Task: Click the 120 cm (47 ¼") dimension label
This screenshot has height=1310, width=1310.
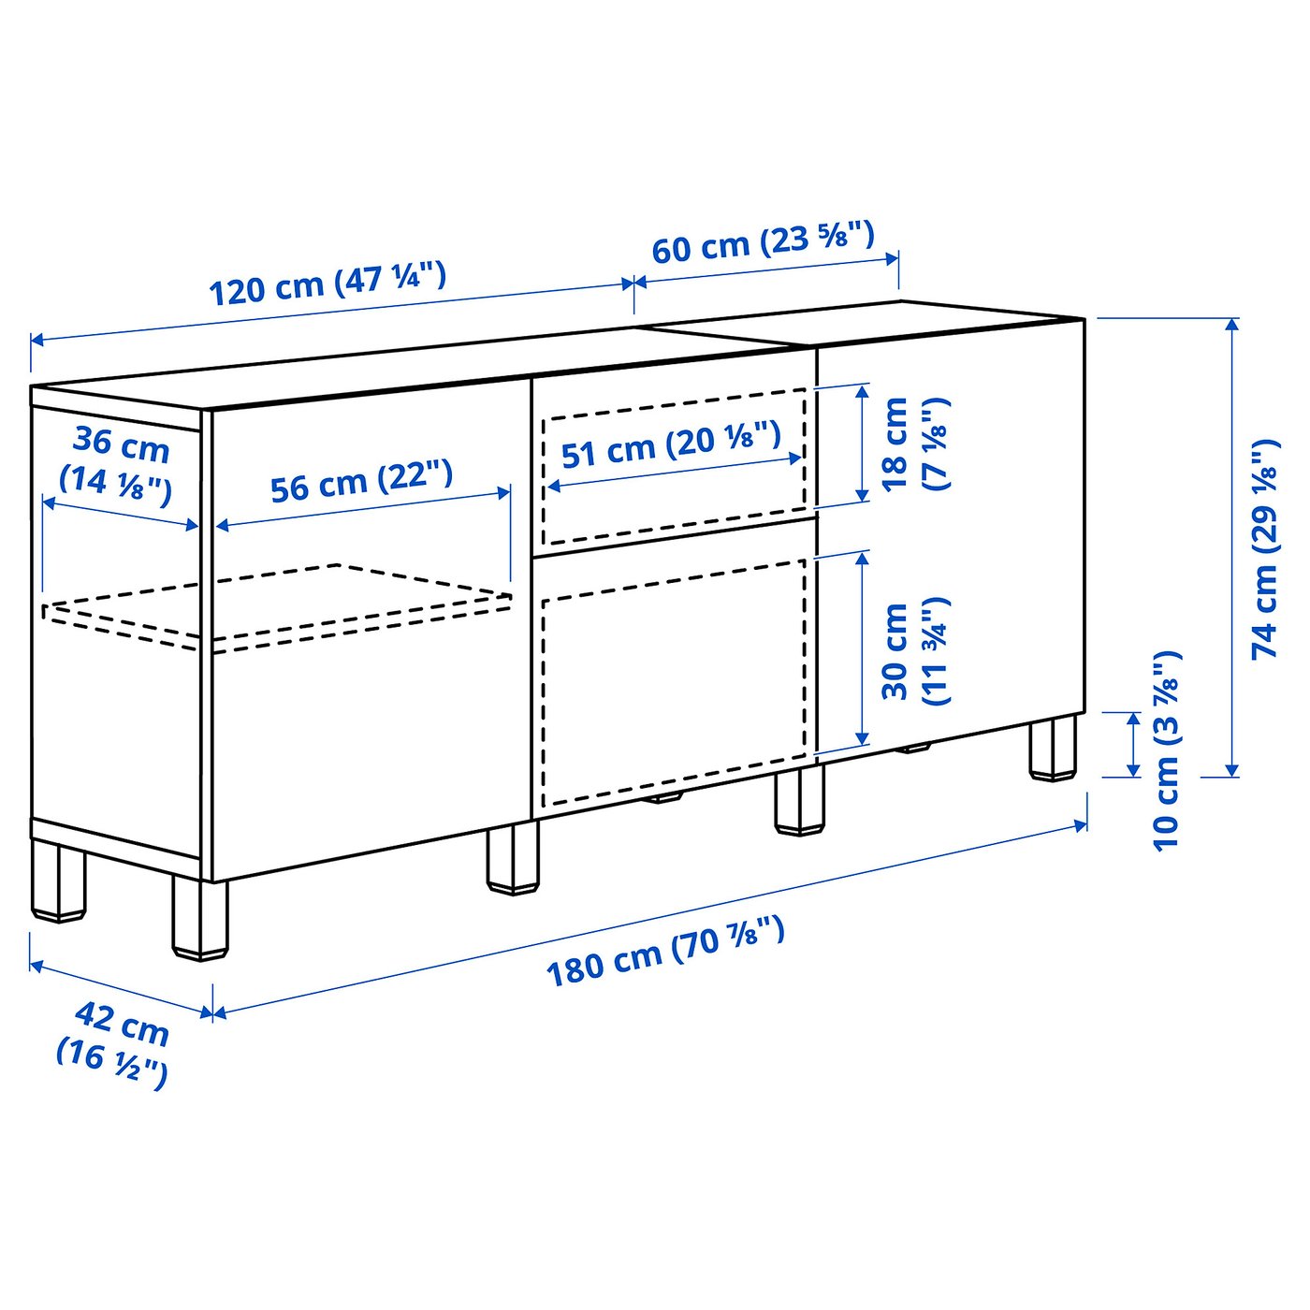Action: (327, 284)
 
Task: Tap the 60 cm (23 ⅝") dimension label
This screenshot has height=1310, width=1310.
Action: (763, 241)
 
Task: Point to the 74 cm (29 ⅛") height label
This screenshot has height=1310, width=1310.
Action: (1265, 548)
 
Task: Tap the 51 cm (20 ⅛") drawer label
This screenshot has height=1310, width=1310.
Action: (670, 445)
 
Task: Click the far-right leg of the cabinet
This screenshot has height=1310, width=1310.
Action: (1054, 749)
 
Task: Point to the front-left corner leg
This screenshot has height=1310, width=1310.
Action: (199, 917)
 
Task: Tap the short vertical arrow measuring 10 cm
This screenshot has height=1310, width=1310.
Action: (1133, 744)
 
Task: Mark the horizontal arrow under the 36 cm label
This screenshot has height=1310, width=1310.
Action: (121, 514)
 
